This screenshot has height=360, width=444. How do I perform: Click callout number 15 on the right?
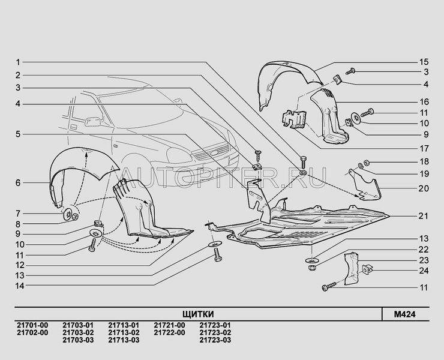point(424,62)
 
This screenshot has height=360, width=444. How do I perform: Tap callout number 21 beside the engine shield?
point(424,216)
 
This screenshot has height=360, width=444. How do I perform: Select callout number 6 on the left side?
point(18,182)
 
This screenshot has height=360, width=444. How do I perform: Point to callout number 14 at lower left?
point(20,286)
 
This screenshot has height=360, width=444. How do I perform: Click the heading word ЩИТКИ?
point(198,314)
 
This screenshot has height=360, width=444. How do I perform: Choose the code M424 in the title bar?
point(405,314)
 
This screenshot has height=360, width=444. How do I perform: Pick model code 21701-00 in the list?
point(32,325)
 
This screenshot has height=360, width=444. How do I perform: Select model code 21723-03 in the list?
point(215,340)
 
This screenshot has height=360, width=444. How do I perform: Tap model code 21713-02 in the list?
point(124,332)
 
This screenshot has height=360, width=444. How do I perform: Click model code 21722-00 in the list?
point(169,332)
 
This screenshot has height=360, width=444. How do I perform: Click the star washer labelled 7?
point(68,214)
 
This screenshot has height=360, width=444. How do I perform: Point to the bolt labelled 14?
point(217,254)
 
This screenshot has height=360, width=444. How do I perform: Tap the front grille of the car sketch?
point(212,154)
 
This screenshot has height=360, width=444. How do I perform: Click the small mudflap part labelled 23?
point(352,268)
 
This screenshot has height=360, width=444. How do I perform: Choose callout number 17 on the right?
point(424,148)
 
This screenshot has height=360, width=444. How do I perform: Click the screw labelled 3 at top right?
point(350,71)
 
